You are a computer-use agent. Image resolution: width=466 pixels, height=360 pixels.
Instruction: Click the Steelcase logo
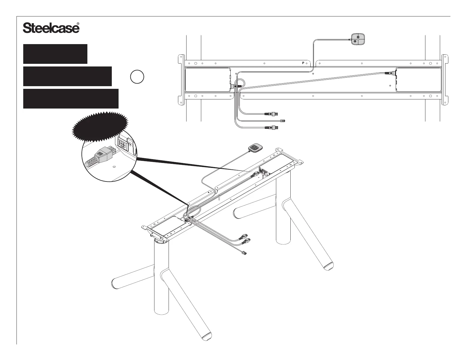pos(51,28)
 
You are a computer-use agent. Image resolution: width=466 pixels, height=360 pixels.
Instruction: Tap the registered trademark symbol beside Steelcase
pos(78,24)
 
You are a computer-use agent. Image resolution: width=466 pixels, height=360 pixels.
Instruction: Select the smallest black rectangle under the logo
pos(55,54)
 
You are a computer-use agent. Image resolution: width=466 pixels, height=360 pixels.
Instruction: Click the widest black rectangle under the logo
pos(71,99)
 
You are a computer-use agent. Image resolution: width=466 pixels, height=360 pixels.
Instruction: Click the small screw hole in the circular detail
pos(114,166)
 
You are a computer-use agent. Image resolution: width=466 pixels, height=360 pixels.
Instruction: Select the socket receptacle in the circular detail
pos(122,144)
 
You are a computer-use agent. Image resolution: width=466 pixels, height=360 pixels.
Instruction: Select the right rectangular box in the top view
pos(418,79)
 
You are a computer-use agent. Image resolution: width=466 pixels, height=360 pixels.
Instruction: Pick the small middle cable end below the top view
pos(283,121)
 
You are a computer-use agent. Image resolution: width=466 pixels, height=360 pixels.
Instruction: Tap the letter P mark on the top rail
pos(303,63)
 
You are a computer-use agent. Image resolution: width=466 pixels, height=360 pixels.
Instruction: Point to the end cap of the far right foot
pos(328,266)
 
